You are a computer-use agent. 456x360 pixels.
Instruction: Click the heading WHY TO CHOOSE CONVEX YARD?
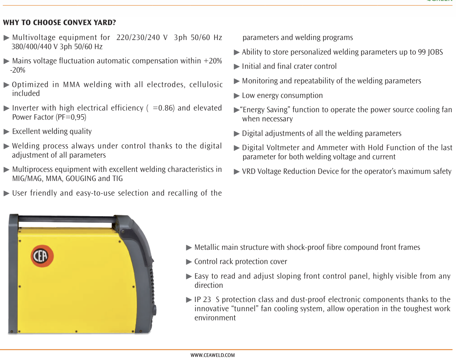click(x=59, y=23)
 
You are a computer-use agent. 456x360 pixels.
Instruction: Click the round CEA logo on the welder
click(x=42, y=256)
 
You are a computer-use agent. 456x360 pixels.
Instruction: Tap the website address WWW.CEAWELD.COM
click(x=212, y=355)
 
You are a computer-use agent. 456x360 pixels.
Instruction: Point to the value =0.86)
click(x=164, y=108)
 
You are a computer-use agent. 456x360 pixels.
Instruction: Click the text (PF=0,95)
click(x=71, y=117)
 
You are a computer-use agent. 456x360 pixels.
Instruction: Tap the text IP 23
click(x=203, y=300)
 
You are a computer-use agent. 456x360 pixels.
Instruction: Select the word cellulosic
click(x=206, y=85)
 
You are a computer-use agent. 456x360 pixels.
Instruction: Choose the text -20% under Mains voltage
click(x=18, y=70)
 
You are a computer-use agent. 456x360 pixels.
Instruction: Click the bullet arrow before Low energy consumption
click(x=236, y=96)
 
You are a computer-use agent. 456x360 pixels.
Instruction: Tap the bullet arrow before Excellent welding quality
click(x=6, y=132)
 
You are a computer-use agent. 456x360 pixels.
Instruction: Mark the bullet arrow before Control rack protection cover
click(x=189, y=262)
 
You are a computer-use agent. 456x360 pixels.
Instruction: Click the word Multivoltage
click(x=33, y=38)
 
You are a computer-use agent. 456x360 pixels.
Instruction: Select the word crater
click(x=304, y=66)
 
